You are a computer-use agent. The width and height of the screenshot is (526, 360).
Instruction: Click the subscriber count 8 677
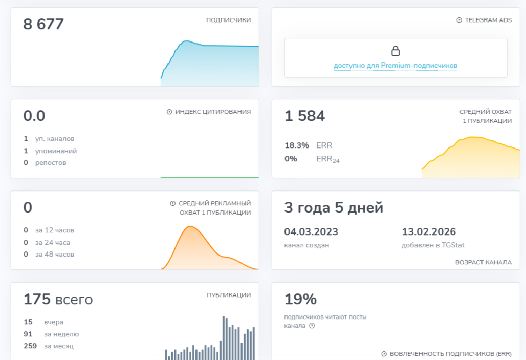(43, 24)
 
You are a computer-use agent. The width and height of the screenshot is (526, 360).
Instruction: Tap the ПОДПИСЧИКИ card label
(228, 20)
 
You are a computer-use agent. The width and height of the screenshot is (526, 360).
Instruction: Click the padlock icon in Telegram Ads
(396, 51)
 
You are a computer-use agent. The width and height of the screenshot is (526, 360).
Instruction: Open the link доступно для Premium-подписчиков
(396, 66)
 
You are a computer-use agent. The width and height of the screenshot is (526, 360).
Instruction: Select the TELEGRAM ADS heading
(488, 20)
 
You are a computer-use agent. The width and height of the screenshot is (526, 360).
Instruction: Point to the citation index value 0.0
(34, 116)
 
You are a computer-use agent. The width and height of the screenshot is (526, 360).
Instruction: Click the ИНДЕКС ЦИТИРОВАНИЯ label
(213, 112)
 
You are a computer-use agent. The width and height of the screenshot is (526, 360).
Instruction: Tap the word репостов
(51, 163)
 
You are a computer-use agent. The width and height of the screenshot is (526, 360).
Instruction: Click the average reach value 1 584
(304, 116)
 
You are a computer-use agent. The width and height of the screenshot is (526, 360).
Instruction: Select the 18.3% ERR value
(297, 145)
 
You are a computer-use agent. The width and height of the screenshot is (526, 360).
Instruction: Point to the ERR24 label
(328, 159)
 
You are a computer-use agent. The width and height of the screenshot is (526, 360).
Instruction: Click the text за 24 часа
(53, 243)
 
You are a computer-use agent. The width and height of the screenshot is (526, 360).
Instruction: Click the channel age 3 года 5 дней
(334, 208)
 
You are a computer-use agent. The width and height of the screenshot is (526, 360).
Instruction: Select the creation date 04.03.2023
(311, 232)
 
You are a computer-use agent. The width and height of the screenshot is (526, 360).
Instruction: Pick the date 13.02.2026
(429, 232)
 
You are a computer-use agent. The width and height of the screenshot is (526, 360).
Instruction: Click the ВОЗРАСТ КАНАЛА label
(483, 262)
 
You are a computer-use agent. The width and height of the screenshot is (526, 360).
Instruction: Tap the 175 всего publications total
(58, 299)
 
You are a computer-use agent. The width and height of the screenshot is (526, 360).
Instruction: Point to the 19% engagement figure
(300, 299)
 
